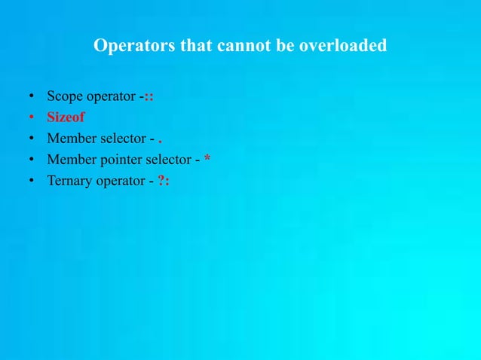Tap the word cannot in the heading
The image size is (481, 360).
click(x=242, y=46)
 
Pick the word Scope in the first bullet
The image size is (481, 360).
click(x=65, y=97)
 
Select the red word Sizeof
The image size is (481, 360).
click(x=66, y=117)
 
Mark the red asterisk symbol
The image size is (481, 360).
click(x=207, y=158)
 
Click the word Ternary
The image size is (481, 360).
click(x=69, y=181)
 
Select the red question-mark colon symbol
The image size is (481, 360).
click(x=164, y=181)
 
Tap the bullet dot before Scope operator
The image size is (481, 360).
click(x=31, y=97)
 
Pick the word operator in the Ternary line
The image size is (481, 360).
click(x=119, y=181)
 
